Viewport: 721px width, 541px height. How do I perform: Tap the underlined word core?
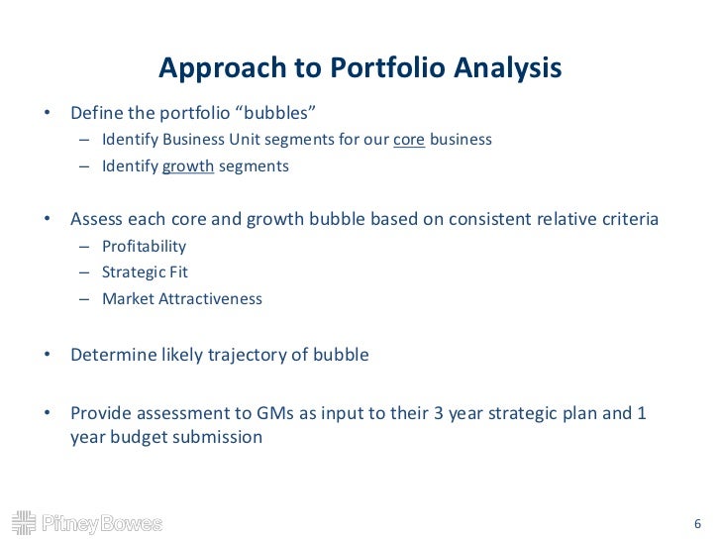click(x=409, y=140)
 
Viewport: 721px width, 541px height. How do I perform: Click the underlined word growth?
click(x=188, y=166)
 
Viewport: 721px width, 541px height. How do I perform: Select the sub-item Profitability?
click(x=144, y=246)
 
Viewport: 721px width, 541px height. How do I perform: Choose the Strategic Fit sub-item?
click(x=145, y=271)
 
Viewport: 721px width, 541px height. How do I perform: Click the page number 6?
click(x=697, y=523)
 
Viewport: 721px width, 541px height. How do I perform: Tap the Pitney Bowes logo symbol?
click(x=23, y=522)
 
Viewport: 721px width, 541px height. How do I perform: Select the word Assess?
click(x=97, y=219)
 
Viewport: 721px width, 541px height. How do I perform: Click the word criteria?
click(x=626, y=219)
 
